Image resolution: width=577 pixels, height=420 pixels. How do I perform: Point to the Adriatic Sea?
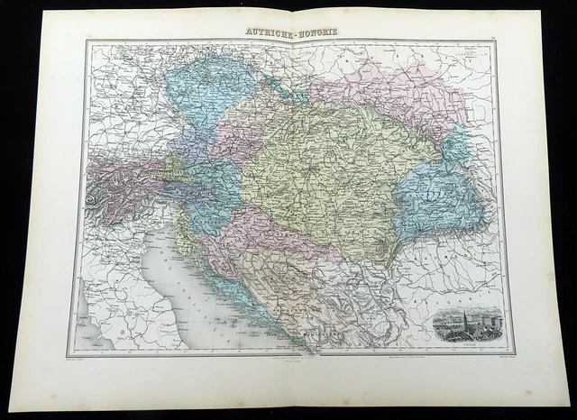tap(180, 279)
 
